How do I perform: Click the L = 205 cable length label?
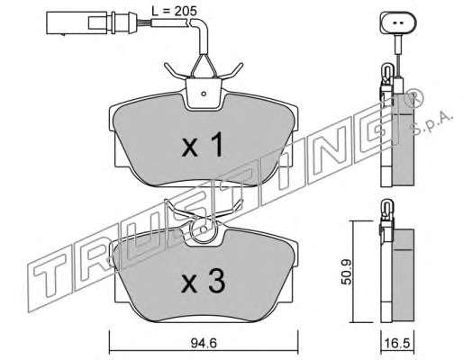click(x=174, y=11)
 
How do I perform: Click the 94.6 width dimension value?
click(x=204, y=343)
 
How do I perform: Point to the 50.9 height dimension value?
click(x=348, y=272)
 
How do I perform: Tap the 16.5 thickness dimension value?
click(x=398, y=343)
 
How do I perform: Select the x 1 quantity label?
click(x=203, y=145)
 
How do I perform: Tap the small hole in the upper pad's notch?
click(x=204, y=94)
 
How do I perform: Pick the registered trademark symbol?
click(x=414, y=98)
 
